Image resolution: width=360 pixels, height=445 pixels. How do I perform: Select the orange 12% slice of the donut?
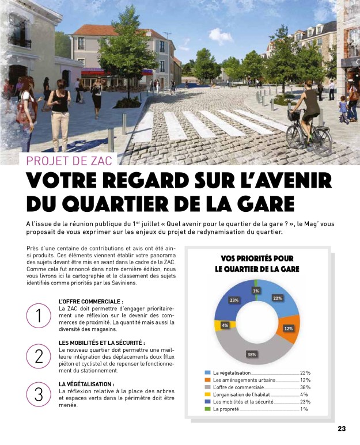click(x=289, y=327)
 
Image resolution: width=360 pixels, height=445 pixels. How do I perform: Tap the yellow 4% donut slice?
click(x=224, y=325)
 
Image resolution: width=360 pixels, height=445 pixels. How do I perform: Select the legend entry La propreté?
click(x=226, y=409)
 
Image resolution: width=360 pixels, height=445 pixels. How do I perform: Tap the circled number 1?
click(x=39, y=316)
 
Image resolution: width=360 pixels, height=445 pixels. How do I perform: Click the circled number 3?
click(x=39, y=395)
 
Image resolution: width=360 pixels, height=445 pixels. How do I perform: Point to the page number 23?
click(x=342, y=429)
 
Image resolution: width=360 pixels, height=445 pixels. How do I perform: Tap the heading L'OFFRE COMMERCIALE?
click(x=90, y=301)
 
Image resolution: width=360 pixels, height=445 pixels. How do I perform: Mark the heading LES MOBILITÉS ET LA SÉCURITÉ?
click(x=101, y=343)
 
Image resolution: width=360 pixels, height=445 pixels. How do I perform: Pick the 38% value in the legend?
click(x=304, y=387)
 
